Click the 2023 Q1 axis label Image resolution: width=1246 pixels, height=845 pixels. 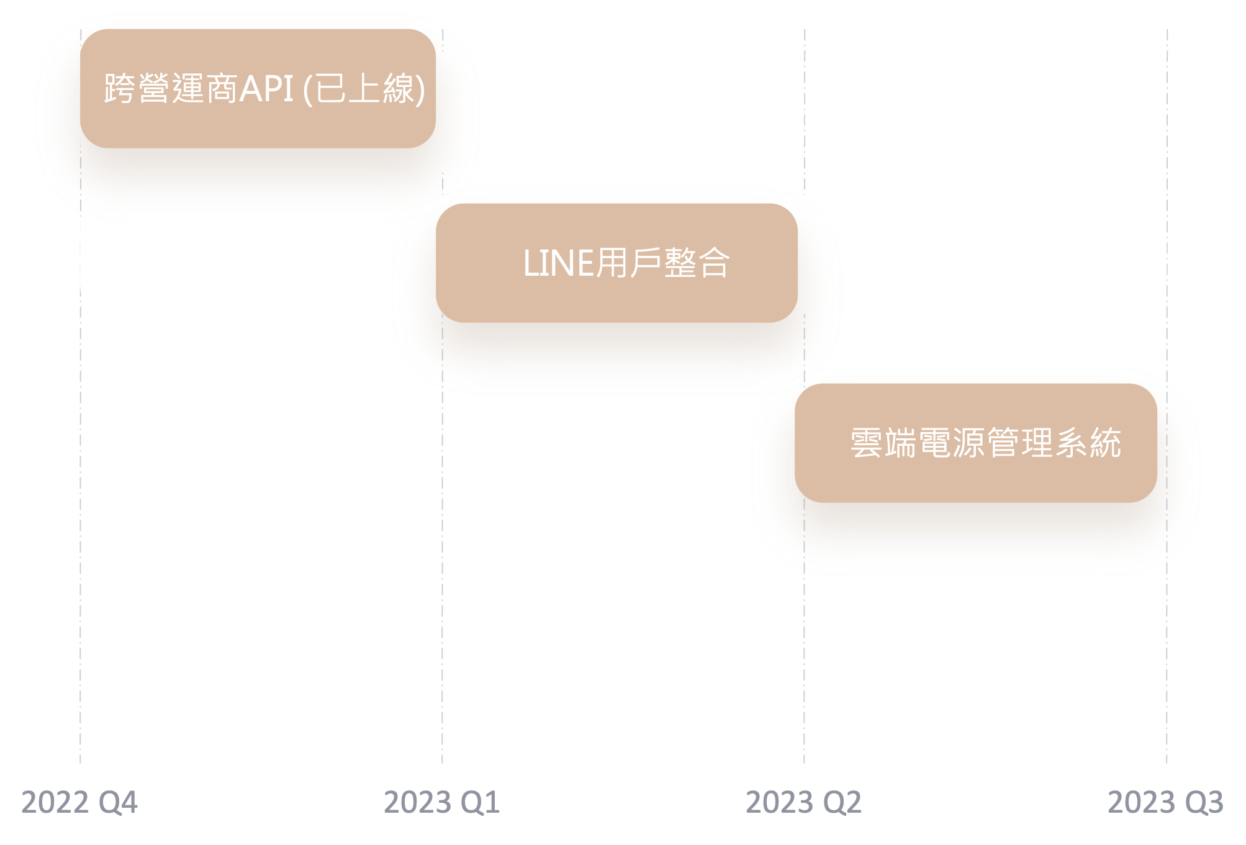[x=442, y=802]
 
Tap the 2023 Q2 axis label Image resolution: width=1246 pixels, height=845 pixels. [x=804, y=802]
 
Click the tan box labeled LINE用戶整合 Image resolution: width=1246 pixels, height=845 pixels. [x=616, y=298]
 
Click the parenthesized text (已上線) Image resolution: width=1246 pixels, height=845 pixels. [x=364, y=89]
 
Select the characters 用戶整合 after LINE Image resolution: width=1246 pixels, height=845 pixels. [x=662, y=263]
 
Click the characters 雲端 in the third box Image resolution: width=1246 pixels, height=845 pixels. [x=882, y=443]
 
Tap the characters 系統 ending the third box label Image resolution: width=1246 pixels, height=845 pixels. [x=1088, y=443]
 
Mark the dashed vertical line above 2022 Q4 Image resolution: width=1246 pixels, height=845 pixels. [x=80, y=621]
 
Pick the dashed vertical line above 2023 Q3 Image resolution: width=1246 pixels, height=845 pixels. [x=1167, y=652]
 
